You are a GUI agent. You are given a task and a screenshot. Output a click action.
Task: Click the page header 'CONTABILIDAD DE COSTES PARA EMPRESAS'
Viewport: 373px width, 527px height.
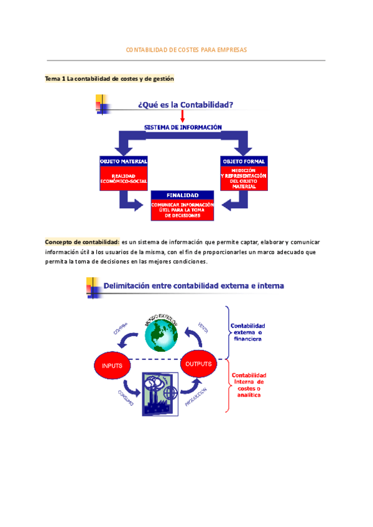[x=186, y=49]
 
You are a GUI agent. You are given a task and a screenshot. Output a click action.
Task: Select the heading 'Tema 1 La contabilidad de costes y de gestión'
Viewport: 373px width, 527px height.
[x=109, y=79]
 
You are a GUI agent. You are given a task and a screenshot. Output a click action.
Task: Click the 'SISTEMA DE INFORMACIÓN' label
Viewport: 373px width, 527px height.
[x=183, y=127]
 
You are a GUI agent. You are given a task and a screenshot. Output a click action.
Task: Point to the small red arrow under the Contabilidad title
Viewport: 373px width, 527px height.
[x=182, y=116]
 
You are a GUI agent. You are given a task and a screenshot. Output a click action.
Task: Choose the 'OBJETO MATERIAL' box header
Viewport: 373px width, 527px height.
[x=124, y=161]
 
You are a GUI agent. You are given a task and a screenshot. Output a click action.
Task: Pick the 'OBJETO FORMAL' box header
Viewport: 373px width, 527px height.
[x=244, y=161]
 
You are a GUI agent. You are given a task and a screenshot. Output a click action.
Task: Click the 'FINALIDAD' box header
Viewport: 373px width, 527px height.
[x=182, y=195]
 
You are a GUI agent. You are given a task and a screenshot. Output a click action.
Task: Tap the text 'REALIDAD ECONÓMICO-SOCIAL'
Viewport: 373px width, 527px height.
[x=123, y=178]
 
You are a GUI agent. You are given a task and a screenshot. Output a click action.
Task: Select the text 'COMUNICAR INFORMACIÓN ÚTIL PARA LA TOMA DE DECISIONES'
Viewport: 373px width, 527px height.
[x=182, y=209]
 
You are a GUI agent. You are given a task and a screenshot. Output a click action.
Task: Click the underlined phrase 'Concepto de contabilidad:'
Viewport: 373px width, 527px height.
[x=82, y=241]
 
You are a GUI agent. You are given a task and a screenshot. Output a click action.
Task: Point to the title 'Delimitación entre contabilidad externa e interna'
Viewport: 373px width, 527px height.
[x=193, y=286]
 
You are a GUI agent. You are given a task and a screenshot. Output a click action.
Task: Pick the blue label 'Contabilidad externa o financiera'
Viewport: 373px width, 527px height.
[x=248, y=332]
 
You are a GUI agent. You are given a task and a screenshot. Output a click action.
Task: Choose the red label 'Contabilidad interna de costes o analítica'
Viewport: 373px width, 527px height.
[x=249, y=385]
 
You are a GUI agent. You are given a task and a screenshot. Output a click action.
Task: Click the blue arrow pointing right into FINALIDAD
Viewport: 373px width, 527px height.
[x=132, y=201]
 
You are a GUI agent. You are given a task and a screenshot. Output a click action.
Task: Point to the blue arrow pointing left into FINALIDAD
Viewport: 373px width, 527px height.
[x=234, y=201]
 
